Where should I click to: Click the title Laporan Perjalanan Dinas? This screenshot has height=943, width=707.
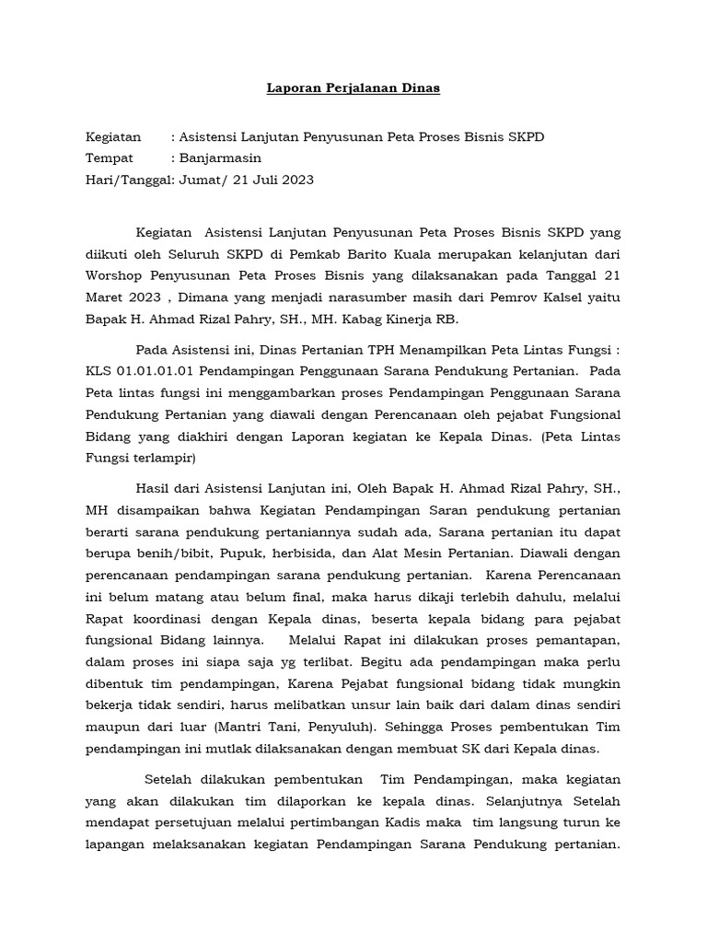click(x=353, y=88)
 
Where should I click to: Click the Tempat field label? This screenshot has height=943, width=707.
click(x=109, y=158)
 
